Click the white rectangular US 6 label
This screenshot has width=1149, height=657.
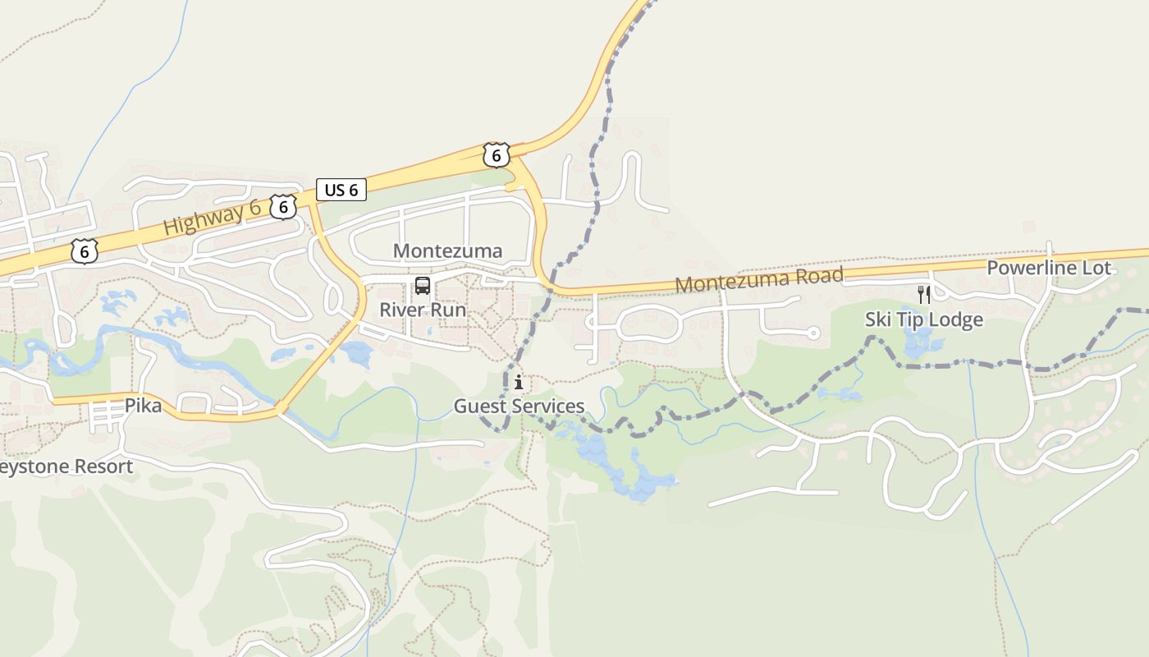(341, 190)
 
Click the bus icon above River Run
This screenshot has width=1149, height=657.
(423, 286)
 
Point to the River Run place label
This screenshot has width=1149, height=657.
(422, 310)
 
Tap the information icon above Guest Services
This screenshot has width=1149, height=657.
(519, 382)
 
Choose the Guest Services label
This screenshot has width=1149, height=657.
(519, 406)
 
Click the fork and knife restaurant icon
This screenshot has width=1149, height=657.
(924, 295)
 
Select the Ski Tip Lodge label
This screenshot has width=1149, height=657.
(923, 319)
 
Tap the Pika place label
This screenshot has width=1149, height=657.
(143, 405)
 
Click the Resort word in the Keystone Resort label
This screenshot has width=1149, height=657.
(103, 466)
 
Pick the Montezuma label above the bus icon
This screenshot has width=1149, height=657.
(447, 250)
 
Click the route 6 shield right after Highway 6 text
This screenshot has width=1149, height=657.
(283, 207)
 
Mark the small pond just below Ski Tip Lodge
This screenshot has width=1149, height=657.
(917, 343)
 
